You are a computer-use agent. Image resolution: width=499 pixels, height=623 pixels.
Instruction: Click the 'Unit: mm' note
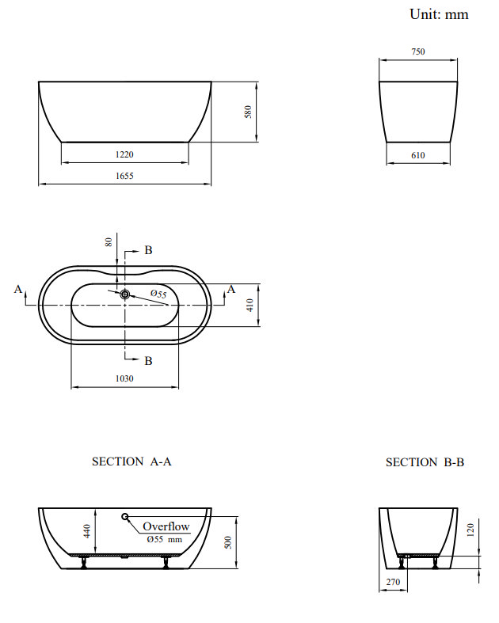click(438, 14)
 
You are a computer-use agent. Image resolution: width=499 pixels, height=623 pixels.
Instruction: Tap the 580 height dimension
click(248, 112)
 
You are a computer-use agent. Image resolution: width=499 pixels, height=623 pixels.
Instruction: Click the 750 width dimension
click(418, 52)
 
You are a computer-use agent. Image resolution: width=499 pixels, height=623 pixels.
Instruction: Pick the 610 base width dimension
click(418, 156)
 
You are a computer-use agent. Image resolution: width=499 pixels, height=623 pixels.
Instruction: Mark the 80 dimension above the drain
click(109, 241)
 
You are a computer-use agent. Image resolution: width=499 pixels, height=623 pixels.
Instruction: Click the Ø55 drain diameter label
click(158, 294)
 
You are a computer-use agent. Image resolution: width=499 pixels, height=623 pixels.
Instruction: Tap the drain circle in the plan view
click(124, 294)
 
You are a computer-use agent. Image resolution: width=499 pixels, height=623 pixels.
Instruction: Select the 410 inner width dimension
click(250, 305)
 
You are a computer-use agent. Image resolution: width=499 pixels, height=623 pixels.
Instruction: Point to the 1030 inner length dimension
click(124, 378)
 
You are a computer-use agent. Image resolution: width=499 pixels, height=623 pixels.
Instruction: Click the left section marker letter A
click(18, 290)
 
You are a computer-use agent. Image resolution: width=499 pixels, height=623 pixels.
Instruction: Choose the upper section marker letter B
click(148, 251)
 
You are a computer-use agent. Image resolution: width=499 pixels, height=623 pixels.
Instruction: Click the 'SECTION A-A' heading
click(131, 462)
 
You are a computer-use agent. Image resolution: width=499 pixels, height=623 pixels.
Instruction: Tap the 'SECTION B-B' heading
click(425, 462)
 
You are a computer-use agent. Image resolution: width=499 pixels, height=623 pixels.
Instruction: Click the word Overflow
click(166, 526)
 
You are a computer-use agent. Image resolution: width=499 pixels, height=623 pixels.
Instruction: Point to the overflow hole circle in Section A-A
click(125, 517)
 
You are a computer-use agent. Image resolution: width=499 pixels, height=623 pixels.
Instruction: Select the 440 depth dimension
click(88, 532)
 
